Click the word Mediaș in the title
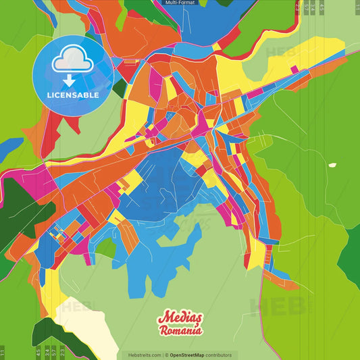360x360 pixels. coord(179,318)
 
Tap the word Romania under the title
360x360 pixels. coord(180,331)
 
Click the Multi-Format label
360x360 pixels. coord(179,3)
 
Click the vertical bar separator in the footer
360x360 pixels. coord(163,355)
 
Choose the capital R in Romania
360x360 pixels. coord(164,332)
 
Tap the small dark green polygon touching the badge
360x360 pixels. coord(120,88)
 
